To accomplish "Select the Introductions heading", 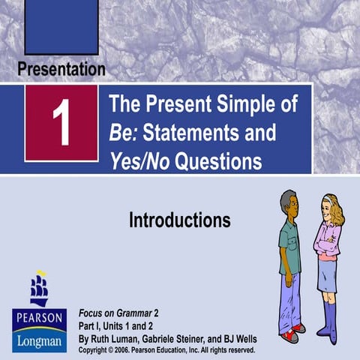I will tap(179, 220).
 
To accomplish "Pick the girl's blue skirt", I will tap(328, 276).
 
